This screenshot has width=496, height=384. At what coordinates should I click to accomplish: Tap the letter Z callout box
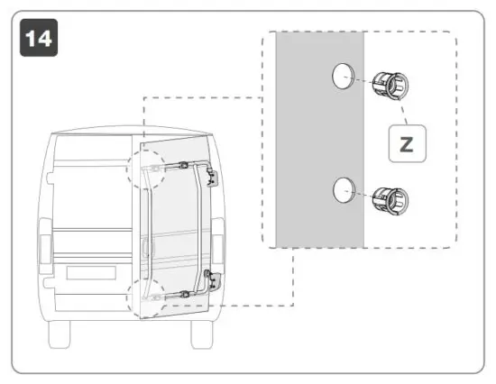[407, 144]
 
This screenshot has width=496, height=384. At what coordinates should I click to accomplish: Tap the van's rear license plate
[90, 276]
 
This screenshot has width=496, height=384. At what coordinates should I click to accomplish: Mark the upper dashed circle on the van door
[145, 168]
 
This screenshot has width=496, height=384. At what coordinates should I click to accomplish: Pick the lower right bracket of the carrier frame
[211, 280]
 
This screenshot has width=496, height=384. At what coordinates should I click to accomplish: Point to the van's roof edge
[135, 133]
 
